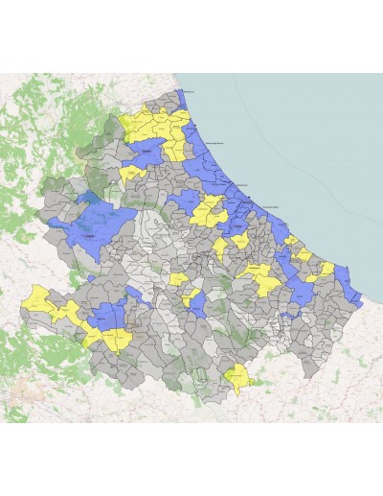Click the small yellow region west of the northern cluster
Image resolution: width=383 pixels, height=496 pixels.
click(130, 174)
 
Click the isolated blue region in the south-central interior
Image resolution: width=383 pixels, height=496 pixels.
click(197, 305)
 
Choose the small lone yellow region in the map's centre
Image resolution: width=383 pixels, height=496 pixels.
click(178, 279)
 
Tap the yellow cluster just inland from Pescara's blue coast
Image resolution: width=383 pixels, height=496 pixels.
click(208, 209)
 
